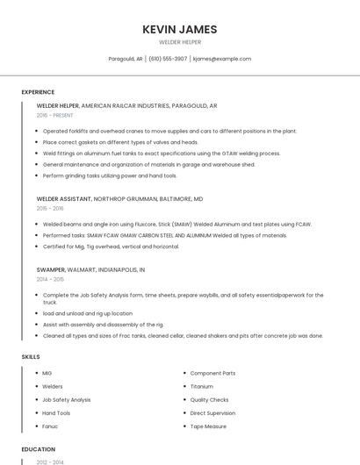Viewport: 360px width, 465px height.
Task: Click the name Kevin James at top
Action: (179, 29)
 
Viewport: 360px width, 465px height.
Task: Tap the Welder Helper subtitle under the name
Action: (179, 42)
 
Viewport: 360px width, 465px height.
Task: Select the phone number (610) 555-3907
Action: (168, 59)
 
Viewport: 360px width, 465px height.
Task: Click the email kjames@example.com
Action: (222, 59)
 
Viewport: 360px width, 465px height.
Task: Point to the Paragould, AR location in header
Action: (125, 59)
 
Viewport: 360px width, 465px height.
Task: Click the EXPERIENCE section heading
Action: (38, 92)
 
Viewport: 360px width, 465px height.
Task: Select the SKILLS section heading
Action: (30, 357)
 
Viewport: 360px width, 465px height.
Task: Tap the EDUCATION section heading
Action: (38, 449)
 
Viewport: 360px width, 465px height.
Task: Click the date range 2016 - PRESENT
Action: (55, 115)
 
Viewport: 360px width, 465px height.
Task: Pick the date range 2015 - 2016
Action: (50, 208)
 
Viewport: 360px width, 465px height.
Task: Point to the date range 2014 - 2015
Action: (50, 278)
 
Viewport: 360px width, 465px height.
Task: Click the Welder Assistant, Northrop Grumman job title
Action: (119, 199)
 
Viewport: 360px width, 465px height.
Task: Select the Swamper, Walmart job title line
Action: (90, 269)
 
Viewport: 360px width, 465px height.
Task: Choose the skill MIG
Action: (47, 373)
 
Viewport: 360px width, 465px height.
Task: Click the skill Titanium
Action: (201, 386)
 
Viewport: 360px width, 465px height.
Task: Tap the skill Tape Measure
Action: (208, 426)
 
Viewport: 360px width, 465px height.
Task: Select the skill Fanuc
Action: (50, 426)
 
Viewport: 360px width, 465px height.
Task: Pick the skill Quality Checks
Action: (209, 399)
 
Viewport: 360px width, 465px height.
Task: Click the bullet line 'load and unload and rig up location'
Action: (88, 313)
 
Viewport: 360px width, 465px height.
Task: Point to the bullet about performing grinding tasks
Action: (110, 175)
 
